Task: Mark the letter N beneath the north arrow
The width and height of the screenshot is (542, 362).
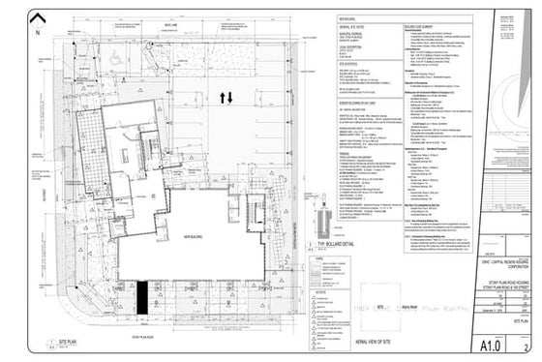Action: [36, 32]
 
